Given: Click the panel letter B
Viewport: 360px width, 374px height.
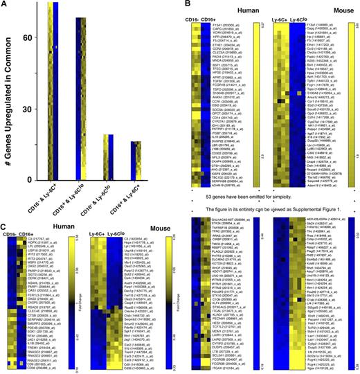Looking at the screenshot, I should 183,6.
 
